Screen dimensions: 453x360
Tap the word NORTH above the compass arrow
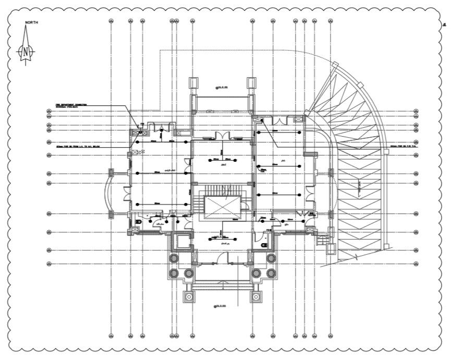click(31, 22)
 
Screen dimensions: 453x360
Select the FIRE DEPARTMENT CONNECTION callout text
click(72, 105)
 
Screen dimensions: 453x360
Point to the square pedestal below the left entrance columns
click(189, 297)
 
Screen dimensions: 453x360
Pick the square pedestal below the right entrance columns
click(256, 297)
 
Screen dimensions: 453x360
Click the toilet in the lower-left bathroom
click(139, 222)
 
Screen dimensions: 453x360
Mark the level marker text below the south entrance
click(222, 306)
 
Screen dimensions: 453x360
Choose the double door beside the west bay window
click(127, 193)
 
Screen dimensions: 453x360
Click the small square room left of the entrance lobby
click(180, 241)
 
